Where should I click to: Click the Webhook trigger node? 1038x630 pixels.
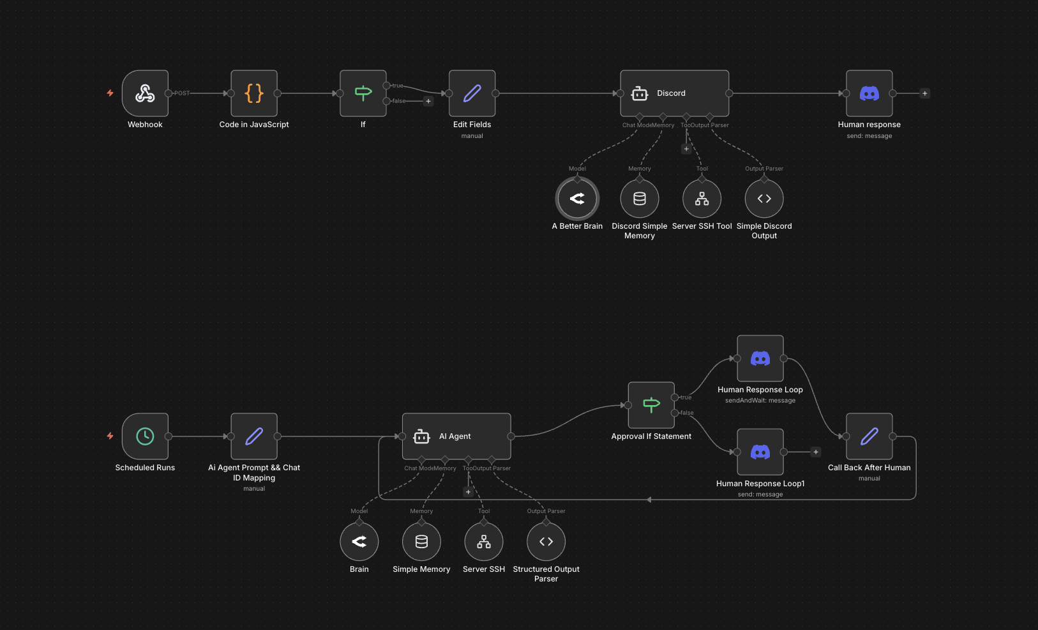(x=145, y=93)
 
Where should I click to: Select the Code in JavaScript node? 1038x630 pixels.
(x=254, y=93)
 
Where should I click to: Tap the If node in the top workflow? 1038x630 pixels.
(x=363, y=93)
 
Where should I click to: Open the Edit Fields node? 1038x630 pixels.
(x=472, y=93)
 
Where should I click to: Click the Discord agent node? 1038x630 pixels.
(x=674, y=93)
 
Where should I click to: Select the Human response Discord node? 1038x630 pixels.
(x=869, y=93)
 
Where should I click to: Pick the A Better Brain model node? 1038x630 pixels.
(x=577, y=199)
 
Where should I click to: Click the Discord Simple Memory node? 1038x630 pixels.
(x=640, y=199)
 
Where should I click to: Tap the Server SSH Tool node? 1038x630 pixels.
(x=702, y=199)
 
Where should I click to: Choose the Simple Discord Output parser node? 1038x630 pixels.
(x=764, y=199)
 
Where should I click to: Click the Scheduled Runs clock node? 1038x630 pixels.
(x=145, y=436)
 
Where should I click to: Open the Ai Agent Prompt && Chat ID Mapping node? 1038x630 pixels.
(x=254, y=436)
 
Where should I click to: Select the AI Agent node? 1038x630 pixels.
(x=456, y=436)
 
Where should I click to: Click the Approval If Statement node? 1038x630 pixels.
(x=651, y=405)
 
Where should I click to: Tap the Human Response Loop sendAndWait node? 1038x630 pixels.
(x=760, y=358)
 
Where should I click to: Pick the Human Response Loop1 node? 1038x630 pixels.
(x=760, y=452)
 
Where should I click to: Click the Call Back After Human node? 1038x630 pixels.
(x=869, y=436)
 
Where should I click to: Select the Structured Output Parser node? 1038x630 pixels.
(x=546, y=542)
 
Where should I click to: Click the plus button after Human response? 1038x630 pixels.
(x=924, y=93)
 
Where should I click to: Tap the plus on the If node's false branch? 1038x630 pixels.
(x=428, y=101)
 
